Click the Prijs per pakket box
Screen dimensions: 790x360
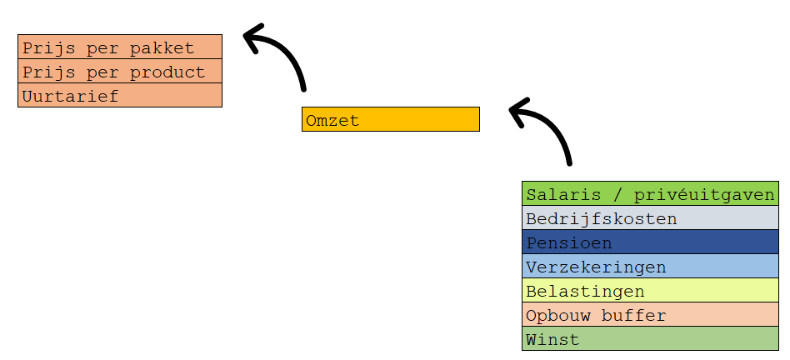pos(120,47)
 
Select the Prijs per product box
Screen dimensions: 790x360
pos(120,71)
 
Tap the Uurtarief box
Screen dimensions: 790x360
pos(120,95)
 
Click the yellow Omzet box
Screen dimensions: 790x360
pos(391,119)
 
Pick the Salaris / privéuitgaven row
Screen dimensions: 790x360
pos(651,194)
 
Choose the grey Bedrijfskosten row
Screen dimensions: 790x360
pos(651,218)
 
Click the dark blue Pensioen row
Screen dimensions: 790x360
pos(651,242)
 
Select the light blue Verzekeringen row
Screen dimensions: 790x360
pos(651,267)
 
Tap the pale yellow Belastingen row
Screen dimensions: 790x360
pos(651,291)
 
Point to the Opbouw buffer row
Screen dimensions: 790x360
pos(651,315)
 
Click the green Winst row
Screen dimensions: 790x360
pos(651,338)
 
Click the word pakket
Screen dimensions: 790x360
pos(162,48)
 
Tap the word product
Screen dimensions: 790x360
pos(167,72)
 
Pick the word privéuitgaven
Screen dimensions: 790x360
pos(704,195)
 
